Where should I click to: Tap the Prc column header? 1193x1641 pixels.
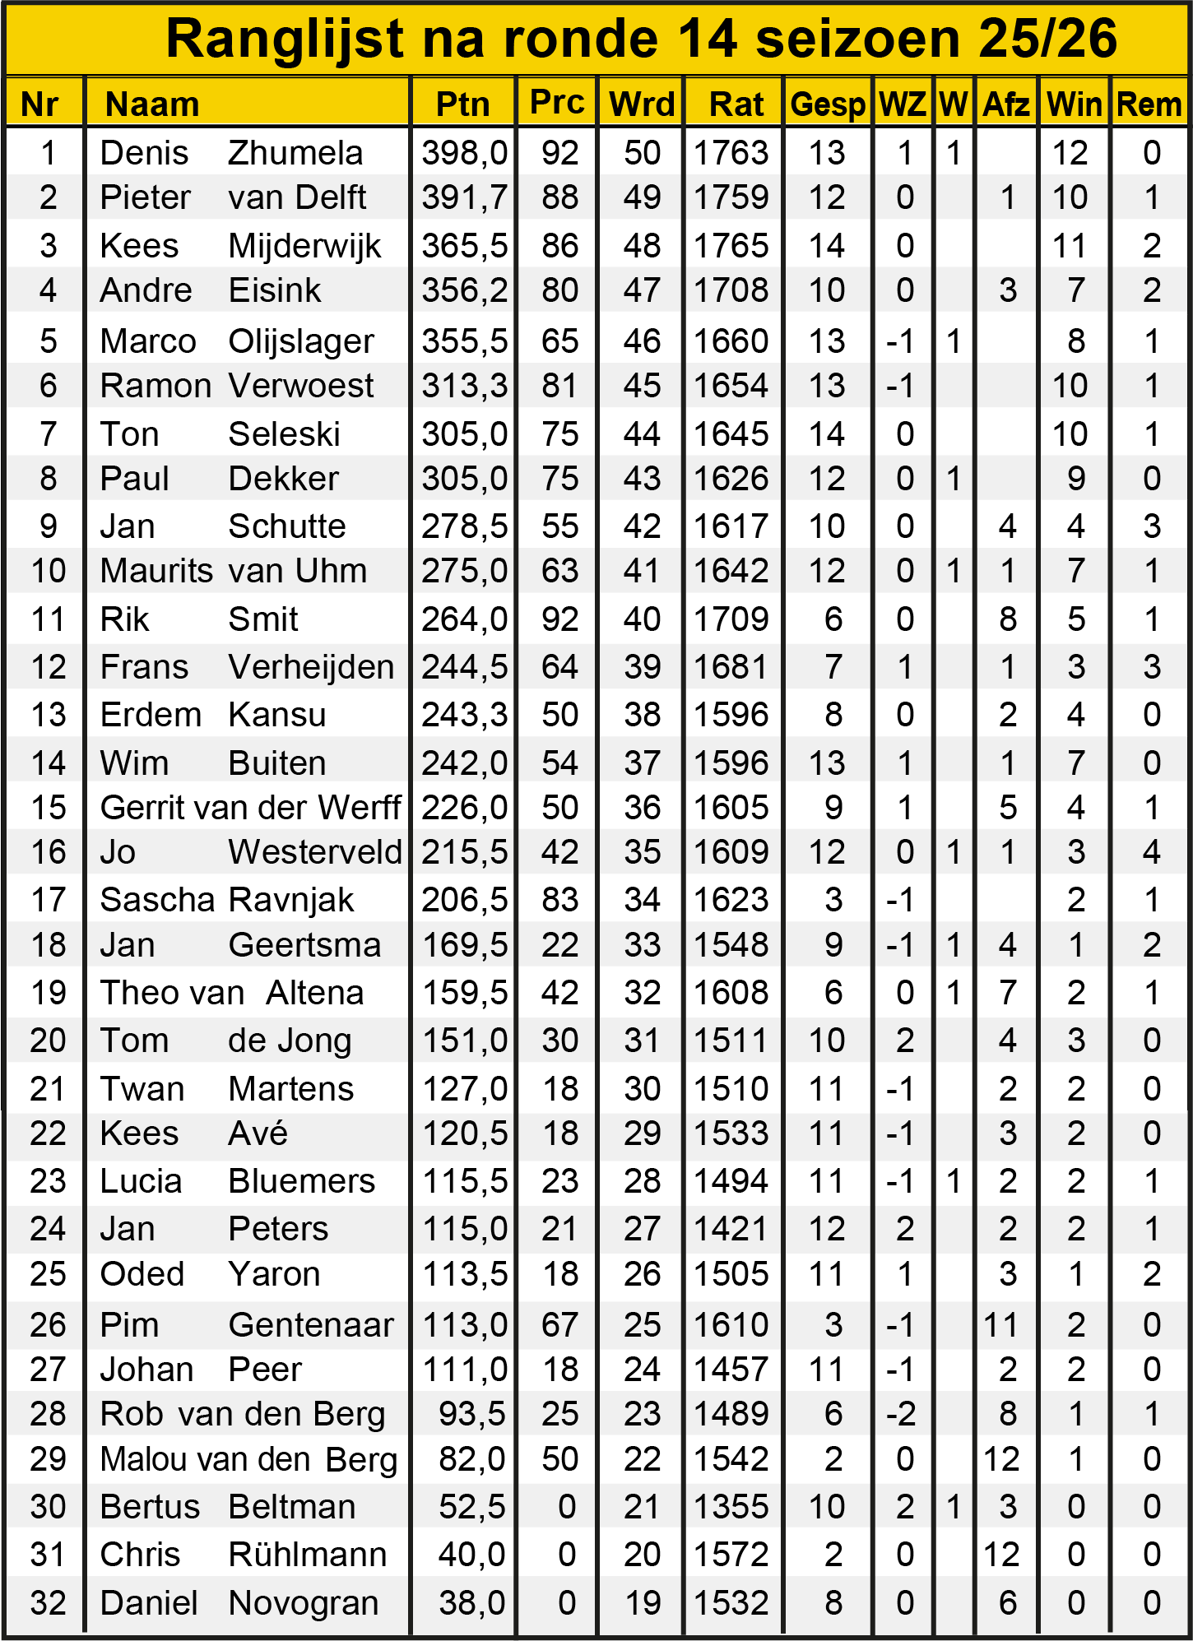click(x=557, y=102)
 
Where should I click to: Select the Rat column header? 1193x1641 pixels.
click(x=736, y=104)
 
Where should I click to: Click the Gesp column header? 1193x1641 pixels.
click(x=827, y=104)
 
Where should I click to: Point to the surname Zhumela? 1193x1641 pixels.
click(x=295, y=153)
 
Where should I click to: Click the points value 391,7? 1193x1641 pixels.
click(x=464, y=197)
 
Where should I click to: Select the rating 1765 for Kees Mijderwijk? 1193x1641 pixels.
click(x=731, y=246)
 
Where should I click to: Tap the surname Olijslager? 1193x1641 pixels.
click(x=300, y=341)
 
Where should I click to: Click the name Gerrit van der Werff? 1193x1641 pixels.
click(x=250, y=808)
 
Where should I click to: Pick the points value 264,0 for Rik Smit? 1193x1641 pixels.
click(x=464, y=619)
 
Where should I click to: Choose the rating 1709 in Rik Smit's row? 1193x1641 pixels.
click(x=731, y=619)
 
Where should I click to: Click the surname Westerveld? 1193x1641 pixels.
click(x=315, y=852)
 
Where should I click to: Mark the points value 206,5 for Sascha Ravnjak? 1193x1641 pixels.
click(x=464, y=900)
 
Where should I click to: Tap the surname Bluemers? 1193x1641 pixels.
click(x=301, y=1181)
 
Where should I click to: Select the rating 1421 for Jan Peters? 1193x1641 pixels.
click(x=731, y=1229)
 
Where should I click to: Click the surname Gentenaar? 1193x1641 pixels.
click(x=311, y=1325)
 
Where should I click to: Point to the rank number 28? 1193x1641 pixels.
click(x=48, y=1414)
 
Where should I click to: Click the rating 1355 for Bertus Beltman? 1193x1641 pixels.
click(x=731, y=1507)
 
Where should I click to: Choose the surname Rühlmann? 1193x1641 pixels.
click(x=307, y=1555)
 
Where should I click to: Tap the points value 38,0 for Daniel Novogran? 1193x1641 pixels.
click(x=471, y=1603)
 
